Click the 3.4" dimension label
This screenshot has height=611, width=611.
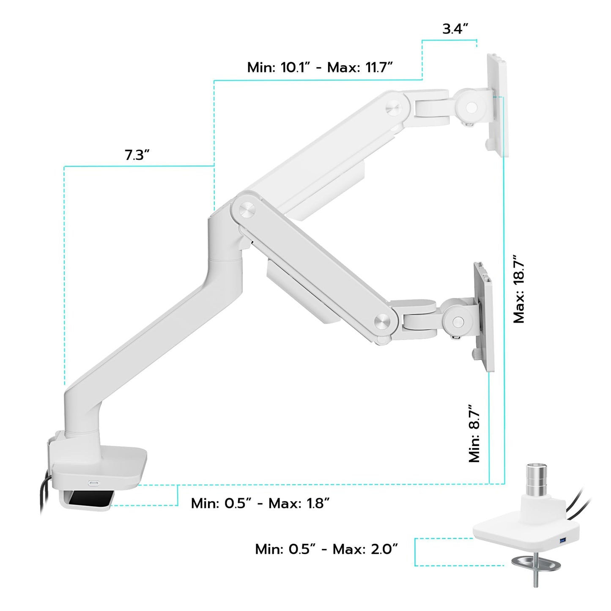[455, 29]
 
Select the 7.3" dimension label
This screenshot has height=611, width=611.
[137, 155]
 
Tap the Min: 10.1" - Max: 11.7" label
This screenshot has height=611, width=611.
[320, 67]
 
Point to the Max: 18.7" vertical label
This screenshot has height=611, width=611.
[519, 289]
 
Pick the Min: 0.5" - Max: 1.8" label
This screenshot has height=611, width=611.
[260, 503]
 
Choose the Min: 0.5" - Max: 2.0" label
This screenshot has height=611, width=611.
[326, 549]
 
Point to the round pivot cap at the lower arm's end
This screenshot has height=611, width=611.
[382, 321]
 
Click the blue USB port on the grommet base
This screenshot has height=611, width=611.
[562, 541]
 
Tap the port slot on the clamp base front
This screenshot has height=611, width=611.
[93, 482]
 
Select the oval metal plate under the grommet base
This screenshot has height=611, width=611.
[535, 563]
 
